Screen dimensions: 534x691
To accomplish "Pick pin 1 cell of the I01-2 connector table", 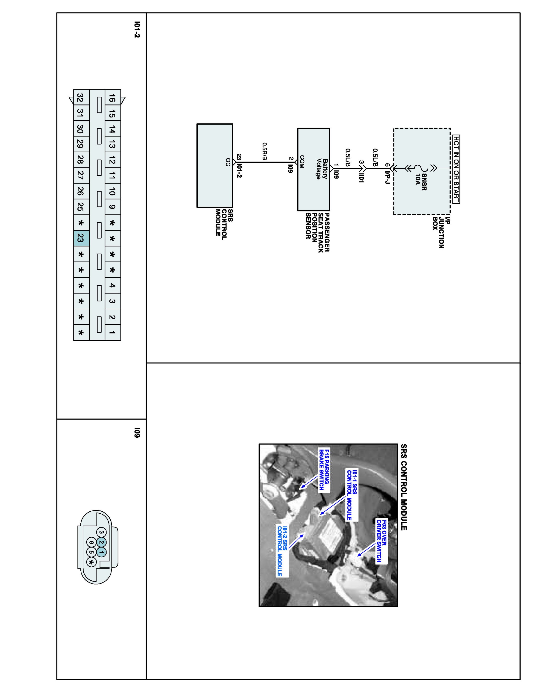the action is pyautogui.click(x=112, y=333).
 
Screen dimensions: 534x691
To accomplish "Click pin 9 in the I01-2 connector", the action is pyautogui.click(x=112, y=207).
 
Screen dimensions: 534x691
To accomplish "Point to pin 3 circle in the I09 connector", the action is pyautogui.click(x=101, y=532).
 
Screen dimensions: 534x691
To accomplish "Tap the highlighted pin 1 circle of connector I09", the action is pyautogui.click(x=101, y=552).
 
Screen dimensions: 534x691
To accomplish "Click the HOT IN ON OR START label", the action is pyautogui.click(x=456, y=169).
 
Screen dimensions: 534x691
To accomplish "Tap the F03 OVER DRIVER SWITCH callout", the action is pyautogui.click(x=381, y=541).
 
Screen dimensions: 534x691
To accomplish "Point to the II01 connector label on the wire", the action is pyautogui.click(x=362, y=176).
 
